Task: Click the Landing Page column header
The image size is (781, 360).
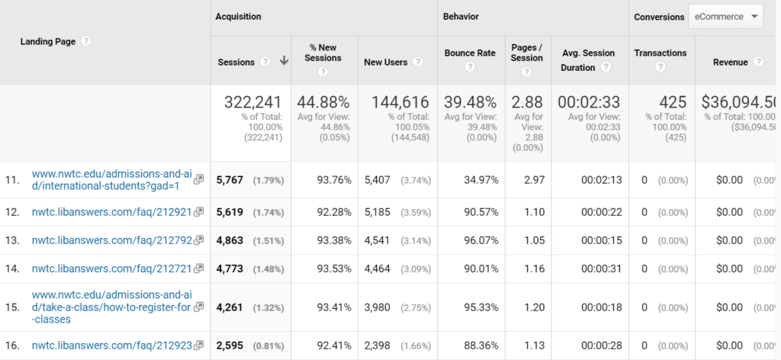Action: point(47,42)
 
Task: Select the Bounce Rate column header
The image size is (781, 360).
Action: point(470,53)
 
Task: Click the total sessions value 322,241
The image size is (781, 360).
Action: point(252,102)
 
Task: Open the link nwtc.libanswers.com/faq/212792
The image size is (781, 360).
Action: point(111,240)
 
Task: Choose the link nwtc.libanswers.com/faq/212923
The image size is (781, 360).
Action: point(111,346)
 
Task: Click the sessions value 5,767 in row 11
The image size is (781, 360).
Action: point(229,180)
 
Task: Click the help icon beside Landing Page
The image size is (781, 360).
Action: point(86,42)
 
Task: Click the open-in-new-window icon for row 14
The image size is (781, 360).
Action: point(199,268)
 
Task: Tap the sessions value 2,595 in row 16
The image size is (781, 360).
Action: point(229,346)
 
